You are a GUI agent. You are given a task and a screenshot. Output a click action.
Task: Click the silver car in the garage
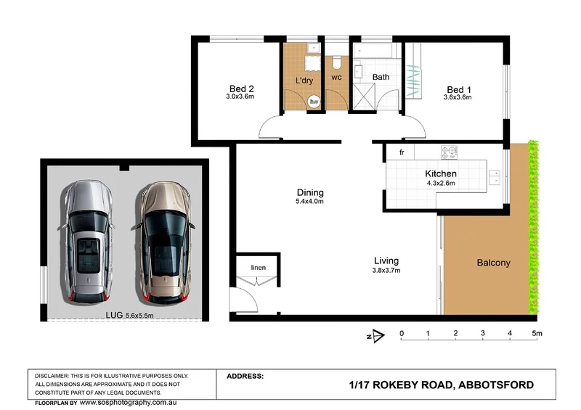pos(87,243)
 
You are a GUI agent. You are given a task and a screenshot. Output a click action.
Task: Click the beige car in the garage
pos(164,243)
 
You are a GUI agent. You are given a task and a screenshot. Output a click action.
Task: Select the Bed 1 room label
pos(458,88)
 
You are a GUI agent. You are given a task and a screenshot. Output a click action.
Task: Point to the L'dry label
pos(304,80)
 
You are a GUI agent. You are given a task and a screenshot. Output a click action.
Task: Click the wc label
pos(336,76)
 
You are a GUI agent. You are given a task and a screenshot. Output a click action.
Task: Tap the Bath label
pos(381,76)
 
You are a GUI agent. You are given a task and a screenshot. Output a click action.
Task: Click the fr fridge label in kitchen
pos(401,153)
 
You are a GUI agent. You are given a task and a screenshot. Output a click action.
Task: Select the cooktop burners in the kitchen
pos(450,152)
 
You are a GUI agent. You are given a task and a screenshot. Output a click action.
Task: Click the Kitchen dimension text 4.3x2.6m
pos(440,184)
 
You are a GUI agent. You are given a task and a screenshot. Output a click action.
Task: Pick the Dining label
pos(310,192)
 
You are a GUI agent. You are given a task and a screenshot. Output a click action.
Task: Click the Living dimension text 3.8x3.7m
pos(386,271)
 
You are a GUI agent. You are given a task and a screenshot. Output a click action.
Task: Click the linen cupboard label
pos(259,268)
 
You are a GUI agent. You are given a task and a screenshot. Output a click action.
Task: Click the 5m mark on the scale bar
pos(537,334)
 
